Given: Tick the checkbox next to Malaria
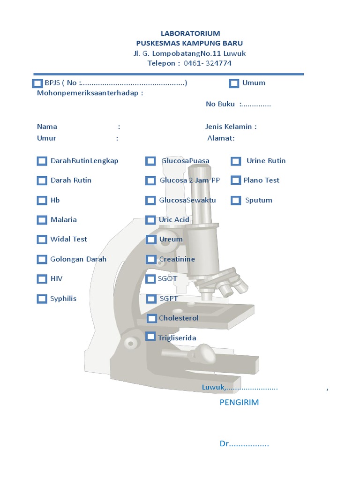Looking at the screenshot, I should click(x=42, y=220).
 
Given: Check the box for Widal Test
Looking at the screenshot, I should click(x=42, y=240).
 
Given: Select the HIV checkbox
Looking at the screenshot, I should click(x=42, y=279).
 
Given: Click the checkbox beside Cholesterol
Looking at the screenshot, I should click(x=152, y=319).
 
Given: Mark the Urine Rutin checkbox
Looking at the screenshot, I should click(x=236, y=161).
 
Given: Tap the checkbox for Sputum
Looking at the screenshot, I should click(x=236, y=201).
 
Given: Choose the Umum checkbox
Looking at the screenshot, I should click(x=234, y=83).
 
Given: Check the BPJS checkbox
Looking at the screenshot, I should click(x=37, y=83).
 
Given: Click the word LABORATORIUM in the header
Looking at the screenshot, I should click(x=190, y=33).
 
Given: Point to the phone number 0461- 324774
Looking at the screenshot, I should click(x=207, y=63).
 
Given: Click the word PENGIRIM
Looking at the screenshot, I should click(x=239, y=402).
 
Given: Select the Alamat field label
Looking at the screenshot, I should click(x=221, y=138).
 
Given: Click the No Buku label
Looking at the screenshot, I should click(x=220, y=104).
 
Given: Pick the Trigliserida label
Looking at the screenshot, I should click(x=177, y=338).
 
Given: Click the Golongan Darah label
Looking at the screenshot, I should click(x=78, y=259).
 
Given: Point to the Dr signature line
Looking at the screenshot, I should click(x=244, y=444).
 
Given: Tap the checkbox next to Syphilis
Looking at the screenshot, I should click(x=42, y=299).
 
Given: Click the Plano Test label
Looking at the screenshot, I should click(x=261, y=180).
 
